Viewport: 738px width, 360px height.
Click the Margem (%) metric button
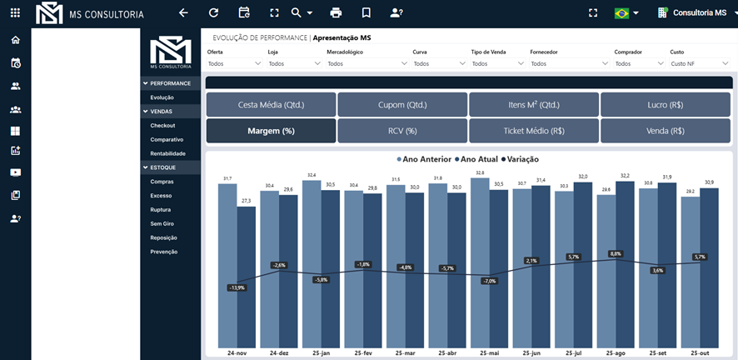click(271, 131)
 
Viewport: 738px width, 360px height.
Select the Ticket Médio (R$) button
click(534, 131)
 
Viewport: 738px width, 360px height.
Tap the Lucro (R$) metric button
click(666, 105)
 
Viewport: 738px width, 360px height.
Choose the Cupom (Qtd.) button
click(402, 105)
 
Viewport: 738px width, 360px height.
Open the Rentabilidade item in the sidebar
click(167, 153)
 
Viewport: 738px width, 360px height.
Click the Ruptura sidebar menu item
click(161, 209)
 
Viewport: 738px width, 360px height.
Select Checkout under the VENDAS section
click(162, 125)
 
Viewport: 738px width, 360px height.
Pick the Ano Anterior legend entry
click(425, 159)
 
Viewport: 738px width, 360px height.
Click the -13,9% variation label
click(237, 287)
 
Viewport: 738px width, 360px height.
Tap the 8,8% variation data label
click(616, 253)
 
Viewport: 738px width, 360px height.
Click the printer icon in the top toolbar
click(336, 13)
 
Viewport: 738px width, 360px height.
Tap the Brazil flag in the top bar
click(621, 13)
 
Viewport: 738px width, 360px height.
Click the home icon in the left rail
click(15, 40)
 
